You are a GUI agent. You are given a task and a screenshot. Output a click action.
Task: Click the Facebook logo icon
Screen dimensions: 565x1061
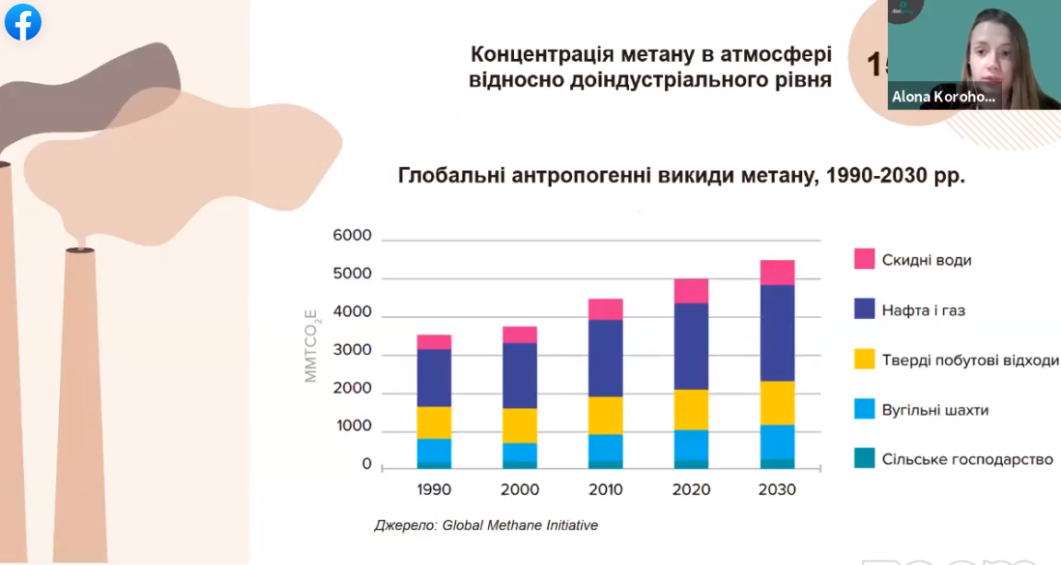tap(23, 22)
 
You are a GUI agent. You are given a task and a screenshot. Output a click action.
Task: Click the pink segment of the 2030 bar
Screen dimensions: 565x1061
tap(776, 273)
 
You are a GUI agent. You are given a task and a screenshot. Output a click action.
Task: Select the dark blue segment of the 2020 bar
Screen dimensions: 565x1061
tap(692, 346)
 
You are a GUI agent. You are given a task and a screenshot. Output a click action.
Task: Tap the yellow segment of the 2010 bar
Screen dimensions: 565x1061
tap(605, 415)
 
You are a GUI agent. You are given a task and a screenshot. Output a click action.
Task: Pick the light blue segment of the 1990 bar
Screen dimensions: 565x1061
tap(434, 450)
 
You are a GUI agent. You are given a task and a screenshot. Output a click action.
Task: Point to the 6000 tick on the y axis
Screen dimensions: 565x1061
tap(353, 236)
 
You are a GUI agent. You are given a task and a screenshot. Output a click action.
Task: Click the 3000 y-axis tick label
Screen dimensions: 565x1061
tap(353, 351)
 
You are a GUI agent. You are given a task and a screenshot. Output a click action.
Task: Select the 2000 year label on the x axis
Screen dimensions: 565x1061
tap(519, 489)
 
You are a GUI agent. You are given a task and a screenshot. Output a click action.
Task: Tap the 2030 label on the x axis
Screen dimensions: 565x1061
tap(776, 489)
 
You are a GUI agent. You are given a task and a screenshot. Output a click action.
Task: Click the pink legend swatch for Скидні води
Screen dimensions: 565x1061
tap(864, 259)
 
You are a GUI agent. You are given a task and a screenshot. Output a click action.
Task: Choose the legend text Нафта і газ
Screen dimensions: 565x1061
tap(923, 311)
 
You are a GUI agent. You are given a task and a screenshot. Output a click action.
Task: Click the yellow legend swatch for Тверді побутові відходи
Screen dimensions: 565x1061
tap(864, 359)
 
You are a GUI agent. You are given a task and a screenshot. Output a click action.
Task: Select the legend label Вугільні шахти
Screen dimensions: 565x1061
tap(935, 409)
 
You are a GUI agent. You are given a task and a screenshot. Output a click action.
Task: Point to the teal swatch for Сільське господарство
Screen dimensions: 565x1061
tap(864, 458)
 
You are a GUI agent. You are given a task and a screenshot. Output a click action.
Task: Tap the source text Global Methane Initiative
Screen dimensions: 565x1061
tap(519, 525)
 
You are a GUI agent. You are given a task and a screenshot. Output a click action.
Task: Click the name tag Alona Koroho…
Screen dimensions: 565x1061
tap(943, 96)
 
